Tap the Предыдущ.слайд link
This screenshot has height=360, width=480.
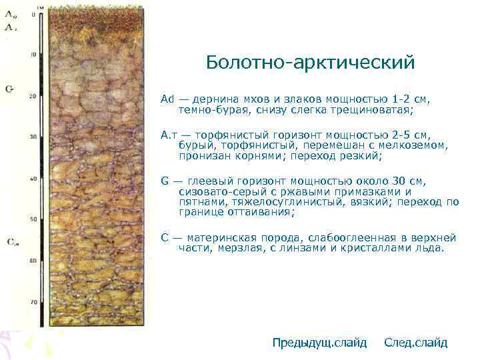tap(319, 343)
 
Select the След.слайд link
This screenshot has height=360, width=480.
tap(416, 343)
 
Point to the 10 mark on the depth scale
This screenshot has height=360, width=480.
tap(33, 55)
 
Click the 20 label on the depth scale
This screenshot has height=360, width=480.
tap(33, 96)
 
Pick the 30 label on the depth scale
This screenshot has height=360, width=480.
tap(33, 137)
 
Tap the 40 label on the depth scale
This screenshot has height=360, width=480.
tap(33, 179)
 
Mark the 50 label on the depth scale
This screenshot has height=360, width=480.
tap(33, 219)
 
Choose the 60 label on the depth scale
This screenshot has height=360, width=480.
tap(33, 261)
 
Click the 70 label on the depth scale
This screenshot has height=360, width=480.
tap(33, 302)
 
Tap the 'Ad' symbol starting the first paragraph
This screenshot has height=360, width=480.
tap(167, 99)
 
